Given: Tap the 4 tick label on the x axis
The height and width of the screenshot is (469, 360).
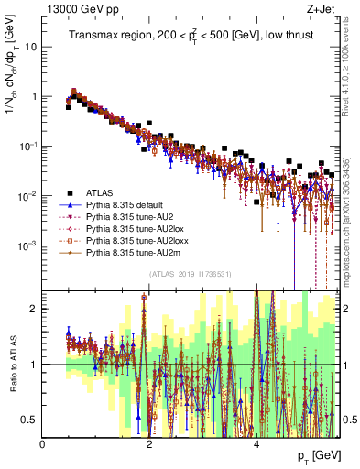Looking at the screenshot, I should [x=256, y=444].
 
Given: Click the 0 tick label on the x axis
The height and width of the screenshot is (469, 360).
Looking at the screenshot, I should [x=43, y=444].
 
